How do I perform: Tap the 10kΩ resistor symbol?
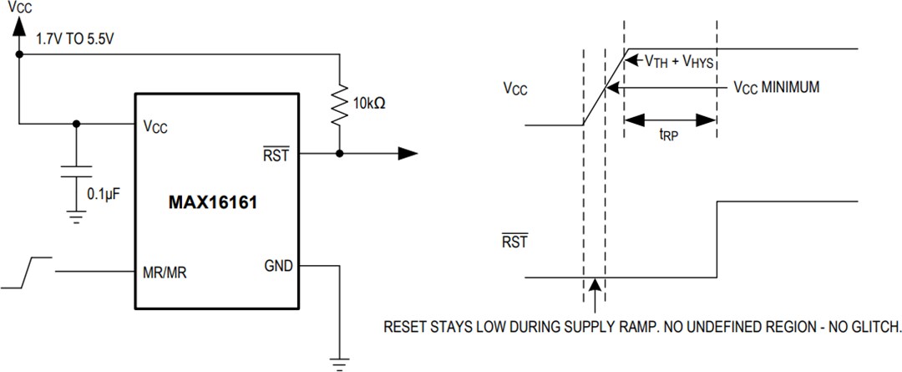339,104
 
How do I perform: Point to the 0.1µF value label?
105,194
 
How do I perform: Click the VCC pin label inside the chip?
155,127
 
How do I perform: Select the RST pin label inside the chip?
276,153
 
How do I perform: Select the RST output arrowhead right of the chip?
407,153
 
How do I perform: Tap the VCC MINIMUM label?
776,86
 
